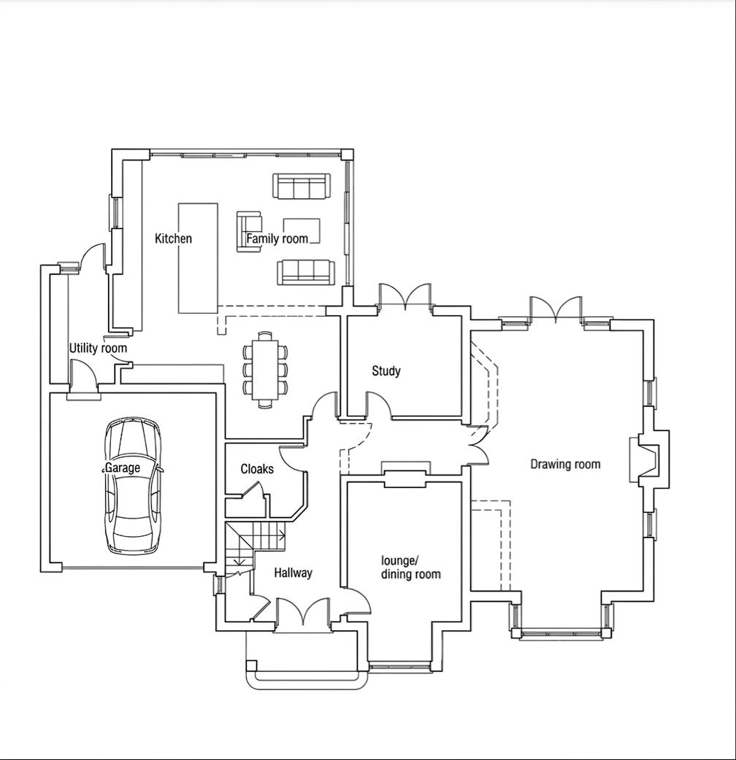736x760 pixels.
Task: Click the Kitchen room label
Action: pos(173,239)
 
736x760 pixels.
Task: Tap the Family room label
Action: pos(277,239)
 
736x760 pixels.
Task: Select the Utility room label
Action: pos(98,348)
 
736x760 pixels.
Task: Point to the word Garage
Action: pos(122,468)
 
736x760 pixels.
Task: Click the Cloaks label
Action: pos(257,469)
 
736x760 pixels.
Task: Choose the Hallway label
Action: pos(293,573)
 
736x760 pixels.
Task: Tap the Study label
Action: pos(386,371)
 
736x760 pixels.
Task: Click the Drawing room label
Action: pos(565,464)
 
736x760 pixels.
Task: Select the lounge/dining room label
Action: pos(410,567)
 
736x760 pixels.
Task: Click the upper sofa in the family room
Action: pos(300,186)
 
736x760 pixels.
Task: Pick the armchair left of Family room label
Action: pos(247,231)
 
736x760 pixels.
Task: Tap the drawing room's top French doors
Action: pos(556,310)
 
